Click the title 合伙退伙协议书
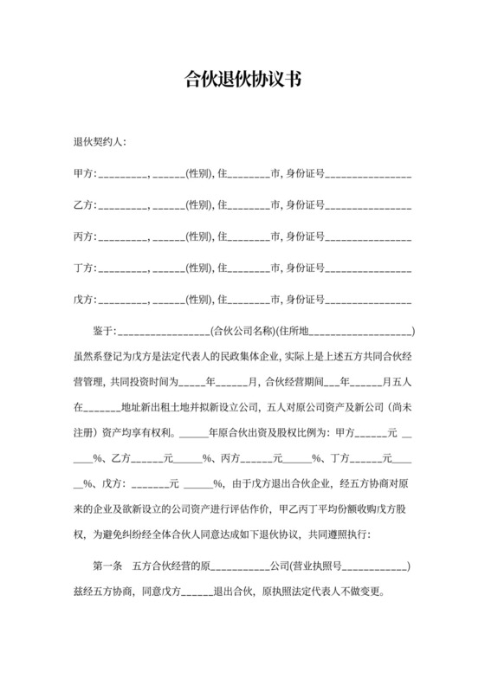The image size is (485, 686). tap(242, 81)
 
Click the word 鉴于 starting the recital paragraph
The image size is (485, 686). tap(102, 332)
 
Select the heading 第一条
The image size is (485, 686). tap(108, 566)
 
